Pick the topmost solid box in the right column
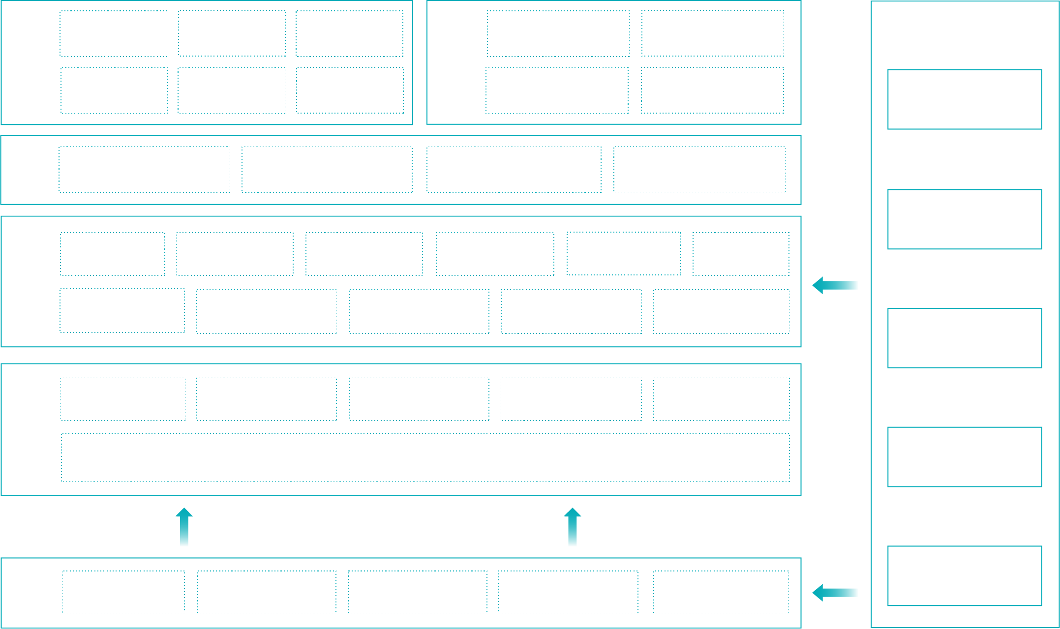tap(965, 99)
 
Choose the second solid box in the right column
tap(965, 219)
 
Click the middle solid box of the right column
tap(965, 338)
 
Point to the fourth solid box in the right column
tap(965, 457)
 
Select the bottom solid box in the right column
tap(965, 576)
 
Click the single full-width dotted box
tap(425, 457)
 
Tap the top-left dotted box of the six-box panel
tap(113, 33)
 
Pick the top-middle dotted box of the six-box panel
tap(232, 33)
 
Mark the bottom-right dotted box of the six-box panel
tap(350, 90)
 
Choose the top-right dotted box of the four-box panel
tap(712, 33)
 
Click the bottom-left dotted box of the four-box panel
tap(557, 90)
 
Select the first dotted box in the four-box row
tap(144, 169)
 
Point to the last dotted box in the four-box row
tap(699, 169)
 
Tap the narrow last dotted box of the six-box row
tap(741, 254)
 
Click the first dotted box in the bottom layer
tap(123, 592)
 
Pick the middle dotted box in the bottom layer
tap(418, 592)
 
